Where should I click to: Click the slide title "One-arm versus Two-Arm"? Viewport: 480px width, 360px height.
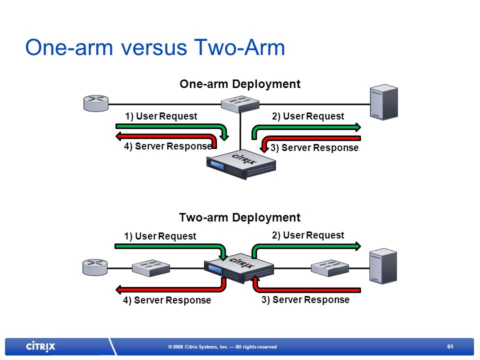(155, 47)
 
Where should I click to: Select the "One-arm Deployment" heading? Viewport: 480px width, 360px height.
(240, 84)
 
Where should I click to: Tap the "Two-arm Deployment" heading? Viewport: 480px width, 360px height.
(239, 217)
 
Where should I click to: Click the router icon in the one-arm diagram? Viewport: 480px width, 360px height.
(96, 103)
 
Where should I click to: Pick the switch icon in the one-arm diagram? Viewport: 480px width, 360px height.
(240, 104)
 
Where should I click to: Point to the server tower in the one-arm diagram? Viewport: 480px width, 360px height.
(384, 102)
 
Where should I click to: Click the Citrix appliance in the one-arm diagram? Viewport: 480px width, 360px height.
(241, 164)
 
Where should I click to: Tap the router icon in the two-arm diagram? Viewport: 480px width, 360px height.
(95, 267)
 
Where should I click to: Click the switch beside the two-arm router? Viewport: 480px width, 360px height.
(151, 268)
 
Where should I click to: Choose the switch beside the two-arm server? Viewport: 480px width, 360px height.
(330, 268)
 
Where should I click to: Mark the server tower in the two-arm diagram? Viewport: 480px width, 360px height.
(383, 266)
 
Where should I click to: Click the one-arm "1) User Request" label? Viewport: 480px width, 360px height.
(161, 116)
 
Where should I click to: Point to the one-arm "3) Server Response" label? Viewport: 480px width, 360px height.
(314, 148)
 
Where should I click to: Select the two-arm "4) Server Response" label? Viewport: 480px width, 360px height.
(167, 300)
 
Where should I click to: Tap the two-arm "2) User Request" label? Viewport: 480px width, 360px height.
(308, 235)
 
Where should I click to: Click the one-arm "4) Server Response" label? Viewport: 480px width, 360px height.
(168, 146)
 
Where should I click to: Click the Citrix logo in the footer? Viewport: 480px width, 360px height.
(40, 346)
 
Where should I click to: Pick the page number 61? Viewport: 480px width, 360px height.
(450, 346)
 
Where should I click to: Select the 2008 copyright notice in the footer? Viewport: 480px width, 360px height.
(222, 347)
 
